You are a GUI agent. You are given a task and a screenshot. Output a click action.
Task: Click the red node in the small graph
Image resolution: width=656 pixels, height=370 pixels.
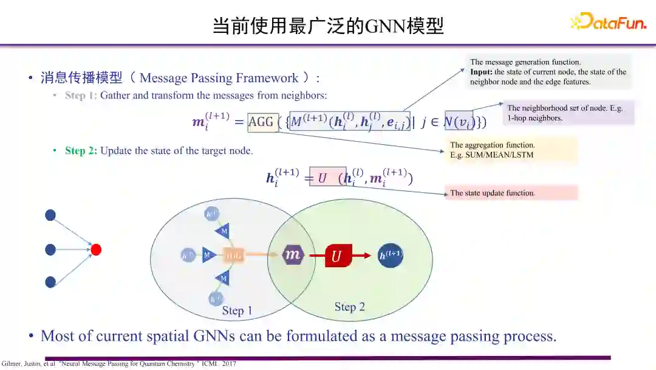click(x=96, y=250)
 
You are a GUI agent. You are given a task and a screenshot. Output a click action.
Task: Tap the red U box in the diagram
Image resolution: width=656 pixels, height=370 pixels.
click(x=337, y=256)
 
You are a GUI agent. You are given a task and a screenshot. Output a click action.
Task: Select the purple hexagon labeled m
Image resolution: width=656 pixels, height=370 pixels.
click(x=293, y=255)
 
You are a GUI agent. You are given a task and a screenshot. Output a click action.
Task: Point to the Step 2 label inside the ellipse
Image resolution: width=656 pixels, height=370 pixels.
click(x=350, y=307)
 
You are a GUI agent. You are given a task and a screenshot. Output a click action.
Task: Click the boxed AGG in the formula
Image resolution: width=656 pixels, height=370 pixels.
click(x=262, y=122)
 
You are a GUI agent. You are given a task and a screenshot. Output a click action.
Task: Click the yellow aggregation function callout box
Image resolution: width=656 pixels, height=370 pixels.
click(x=510, y=150)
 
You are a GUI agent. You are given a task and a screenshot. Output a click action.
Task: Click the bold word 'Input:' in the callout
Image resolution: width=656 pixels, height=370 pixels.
click(x=481, y=72)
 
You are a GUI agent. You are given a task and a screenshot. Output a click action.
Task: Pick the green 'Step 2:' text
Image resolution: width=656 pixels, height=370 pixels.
click(x=81, y=151)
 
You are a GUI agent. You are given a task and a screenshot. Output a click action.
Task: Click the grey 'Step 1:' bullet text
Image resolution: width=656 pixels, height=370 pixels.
click(x=81, y=96)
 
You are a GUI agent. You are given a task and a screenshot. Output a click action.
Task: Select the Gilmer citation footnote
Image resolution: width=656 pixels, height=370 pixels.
click(x=118, y=364)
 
